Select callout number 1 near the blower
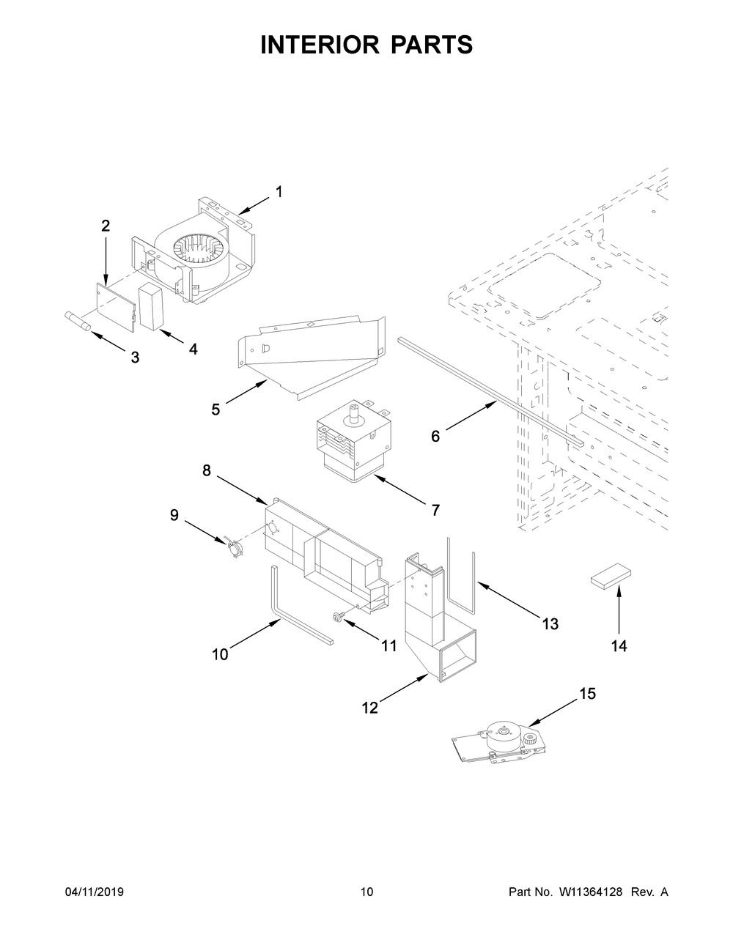tap(279, 192)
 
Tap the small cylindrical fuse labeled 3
tap(76, 322)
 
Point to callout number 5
tap(216, 410)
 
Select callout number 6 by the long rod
tap(435, 437)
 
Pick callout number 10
tap(220, 654)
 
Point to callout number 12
tap(369, 707)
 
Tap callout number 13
tap(550, 623)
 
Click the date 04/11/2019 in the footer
tap(95, 892)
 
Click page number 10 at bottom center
tap(366, 892)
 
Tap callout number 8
tap(207, 471)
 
